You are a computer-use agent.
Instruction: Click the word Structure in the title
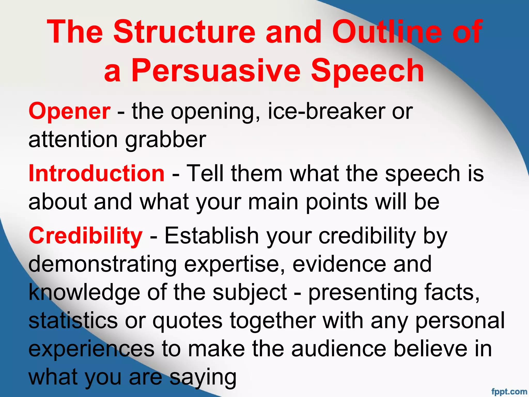point(184,32)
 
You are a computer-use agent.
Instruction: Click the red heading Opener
point(69,111)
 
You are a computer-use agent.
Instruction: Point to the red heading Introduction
point(96,173)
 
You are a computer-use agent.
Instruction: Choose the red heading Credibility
point(85,235)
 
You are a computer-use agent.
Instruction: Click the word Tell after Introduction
point(205,173)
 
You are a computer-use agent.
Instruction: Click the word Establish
point(212,235)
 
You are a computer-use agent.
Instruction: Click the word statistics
point(73,321)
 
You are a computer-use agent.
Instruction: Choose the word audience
point(339,349)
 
